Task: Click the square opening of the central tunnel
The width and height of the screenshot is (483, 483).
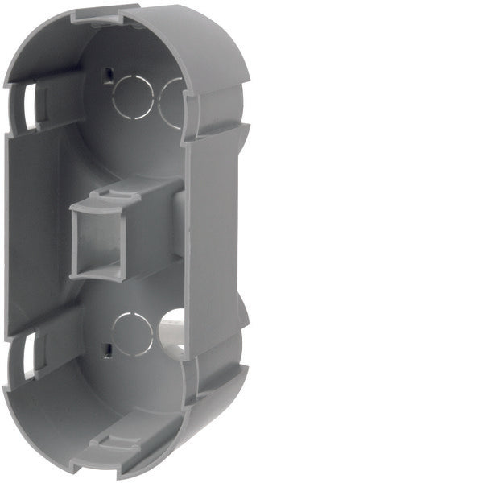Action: coord(96,240)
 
